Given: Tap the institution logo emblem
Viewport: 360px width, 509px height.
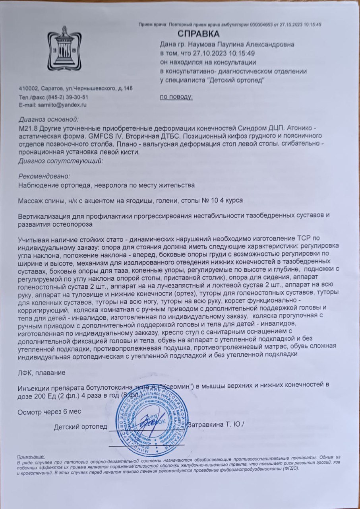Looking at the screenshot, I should click(x=64, y=48).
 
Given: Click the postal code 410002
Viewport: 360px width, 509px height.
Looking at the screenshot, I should click(x=28, y=88).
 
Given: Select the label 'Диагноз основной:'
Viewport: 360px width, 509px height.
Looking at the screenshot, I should click(x=49, y=119).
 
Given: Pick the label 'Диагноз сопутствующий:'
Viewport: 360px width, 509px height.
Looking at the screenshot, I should click(x=61, y=161).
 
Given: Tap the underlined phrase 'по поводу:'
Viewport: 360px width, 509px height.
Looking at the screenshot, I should click(x=176, y=97).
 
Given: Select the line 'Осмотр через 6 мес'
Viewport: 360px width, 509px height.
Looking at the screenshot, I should click(x=49, y=411).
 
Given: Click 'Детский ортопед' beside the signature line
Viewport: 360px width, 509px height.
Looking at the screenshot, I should click(x=81, y=427).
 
